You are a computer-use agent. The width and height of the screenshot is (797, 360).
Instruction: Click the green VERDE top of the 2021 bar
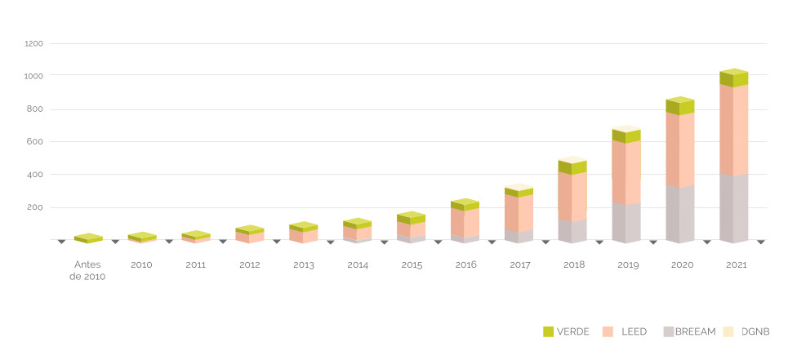(733, 78)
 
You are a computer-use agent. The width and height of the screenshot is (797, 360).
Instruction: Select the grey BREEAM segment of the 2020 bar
(679, 214)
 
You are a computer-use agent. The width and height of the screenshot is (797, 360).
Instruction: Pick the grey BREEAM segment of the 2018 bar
(572, 231)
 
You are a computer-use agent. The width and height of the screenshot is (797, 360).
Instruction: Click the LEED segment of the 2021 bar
(733, 130)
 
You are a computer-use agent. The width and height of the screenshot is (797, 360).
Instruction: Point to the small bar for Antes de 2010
(87, 238)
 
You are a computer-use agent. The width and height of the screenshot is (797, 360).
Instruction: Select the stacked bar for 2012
(249, 234)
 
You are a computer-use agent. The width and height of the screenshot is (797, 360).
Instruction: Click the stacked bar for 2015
(411, 229)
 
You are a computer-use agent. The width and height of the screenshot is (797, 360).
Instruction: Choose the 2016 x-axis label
(465, 265)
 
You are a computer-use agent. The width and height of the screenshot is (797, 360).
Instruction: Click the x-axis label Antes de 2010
(88, 270)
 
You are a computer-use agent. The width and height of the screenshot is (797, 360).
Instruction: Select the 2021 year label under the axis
(735, 265)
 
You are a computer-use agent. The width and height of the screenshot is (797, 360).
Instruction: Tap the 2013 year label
(304, 265)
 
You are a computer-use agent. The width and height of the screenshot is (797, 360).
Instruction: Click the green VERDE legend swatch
(548, 331)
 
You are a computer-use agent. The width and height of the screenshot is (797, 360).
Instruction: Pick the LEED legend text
(634, 331)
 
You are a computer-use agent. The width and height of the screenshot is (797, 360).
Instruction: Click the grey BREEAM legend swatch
(669, 331)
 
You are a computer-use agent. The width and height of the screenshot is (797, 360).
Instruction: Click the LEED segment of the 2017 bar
(518, 213)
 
